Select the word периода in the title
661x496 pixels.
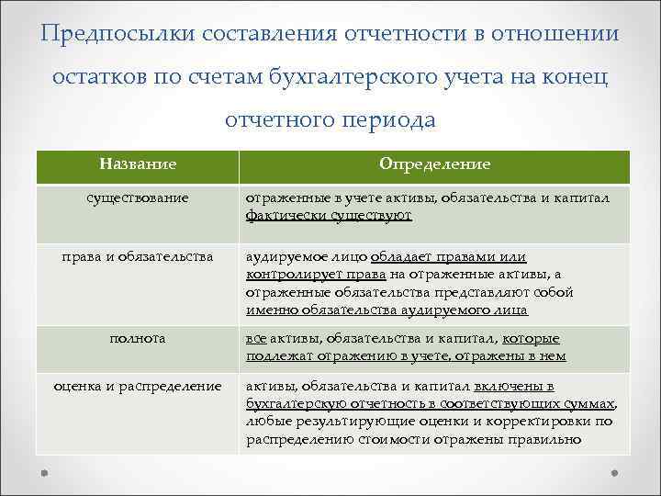(385, 120)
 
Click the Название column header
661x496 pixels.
(138, 163)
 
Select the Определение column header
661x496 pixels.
(434, 163)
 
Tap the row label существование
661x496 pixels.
(138, 197)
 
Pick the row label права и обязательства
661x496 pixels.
(138, 257)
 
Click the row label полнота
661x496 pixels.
(138, 339)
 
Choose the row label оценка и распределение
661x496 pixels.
(138, 387)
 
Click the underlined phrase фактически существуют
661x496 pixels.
(329, 215)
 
